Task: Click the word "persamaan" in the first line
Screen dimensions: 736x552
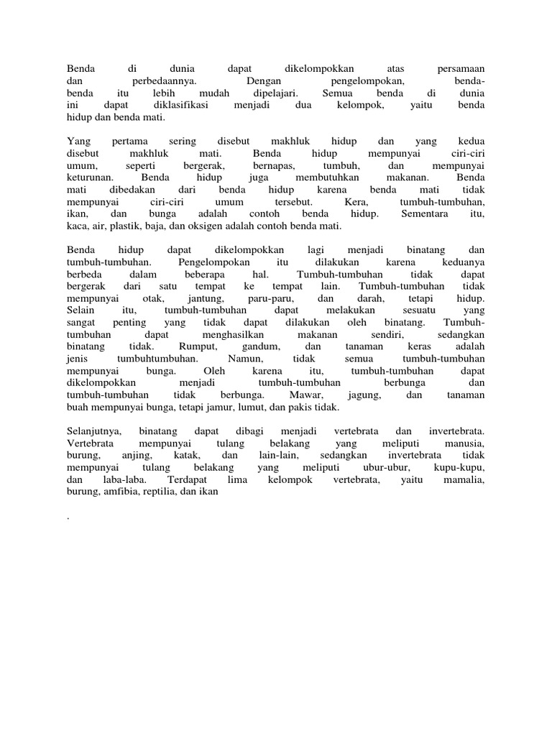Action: click(x=461, y=69)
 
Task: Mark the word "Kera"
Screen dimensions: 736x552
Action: click(x=356, y=202)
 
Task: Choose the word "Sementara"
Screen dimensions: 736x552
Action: click(x=425, y=214)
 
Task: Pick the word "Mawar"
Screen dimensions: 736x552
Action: click(x=305, y=395)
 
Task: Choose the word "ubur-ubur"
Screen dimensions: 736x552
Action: click(x=387, y=468)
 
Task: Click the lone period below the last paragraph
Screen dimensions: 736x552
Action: click(x=67, y=518)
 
